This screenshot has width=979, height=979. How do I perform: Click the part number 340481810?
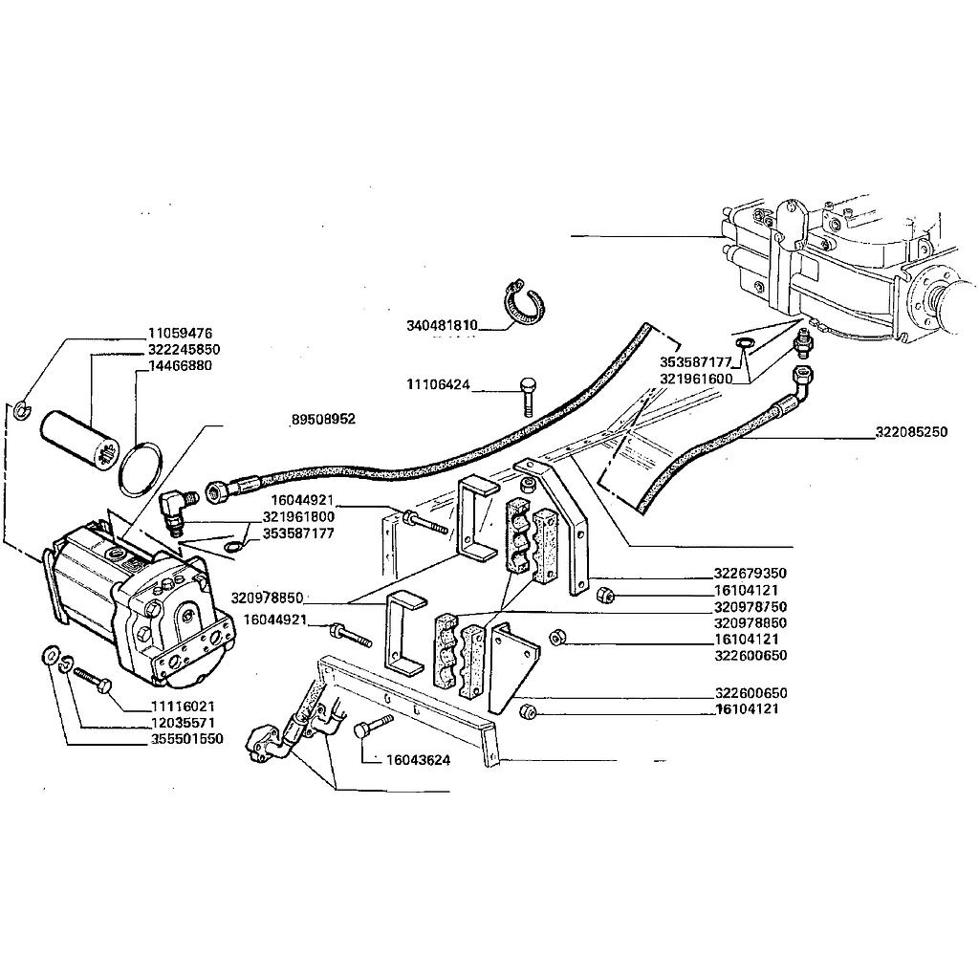point(441,325)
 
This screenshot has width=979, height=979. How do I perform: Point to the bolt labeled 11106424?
point(529,393)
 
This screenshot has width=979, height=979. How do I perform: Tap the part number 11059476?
point(180,334)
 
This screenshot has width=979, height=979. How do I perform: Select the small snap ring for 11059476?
point(24,411)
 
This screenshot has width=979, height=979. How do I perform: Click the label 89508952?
point(323,420)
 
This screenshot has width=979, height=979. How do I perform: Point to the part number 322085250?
point(911,432)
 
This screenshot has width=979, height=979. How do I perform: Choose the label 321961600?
point(695,379)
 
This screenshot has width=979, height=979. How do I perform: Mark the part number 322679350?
point(750,574)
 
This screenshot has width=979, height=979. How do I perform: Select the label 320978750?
point(750,607)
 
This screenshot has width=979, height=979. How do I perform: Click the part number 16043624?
point(419,761)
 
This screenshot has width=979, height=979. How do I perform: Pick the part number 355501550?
point(186,740)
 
